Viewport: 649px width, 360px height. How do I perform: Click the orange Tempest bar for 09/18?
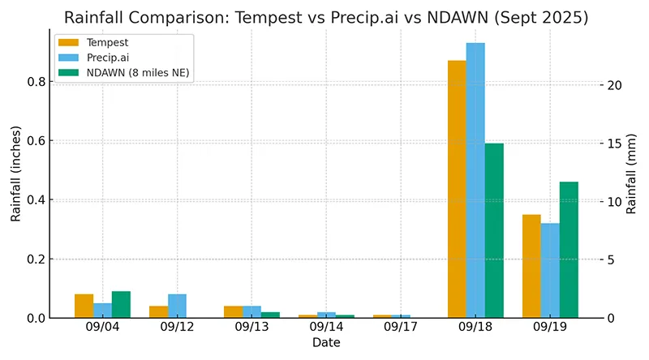coord(457,189)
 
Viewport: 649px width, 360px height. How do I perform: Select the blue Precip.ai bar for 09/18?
coord(475,180)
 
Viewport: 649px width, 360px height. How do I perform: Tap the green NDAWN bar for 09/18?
coord(494,230)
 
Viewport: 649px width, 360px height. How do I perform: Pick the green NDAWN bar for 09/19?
coord(569,250)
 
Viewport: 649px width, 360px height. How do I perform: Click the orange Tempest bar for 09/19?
coord(531,266)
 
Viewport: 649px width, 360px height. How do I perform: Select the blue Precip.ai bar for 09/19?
coord(550,270)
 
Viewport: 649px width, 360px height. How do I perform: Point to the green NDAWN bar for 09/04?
coord(121,305)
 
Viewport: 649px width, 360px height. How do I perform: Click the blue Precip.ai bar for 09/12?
coord(177,306)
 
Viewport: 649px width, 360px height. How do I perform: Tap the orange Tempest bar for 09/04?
coord(84,306)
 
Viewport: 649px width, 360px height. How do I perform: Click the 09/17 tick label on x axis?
coord(401,327)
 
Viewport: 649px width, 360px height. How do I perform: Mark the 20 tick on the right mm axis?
coord(616,85)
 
